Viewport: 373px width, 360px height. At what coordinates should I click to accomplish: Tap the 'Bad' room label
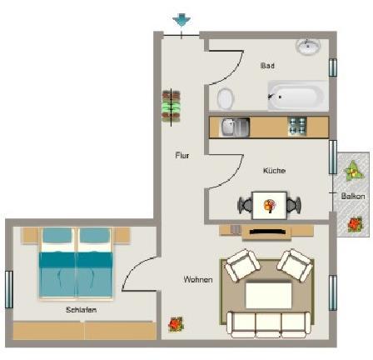point(267,65)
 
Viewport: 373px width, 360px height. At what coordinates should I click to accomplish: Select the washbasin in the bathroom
point(309,46)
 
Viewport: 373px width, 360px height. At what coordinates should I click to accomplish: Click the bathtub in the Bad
point(296,96)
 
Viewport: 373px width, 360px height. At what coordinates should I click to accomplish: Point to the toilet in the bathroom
point(226,98)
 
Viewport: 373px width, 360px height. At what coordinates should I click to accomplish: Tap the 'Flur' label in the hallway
point(182,155)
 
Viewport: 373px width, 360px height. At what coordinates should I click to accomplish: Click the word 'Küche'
point(274,170)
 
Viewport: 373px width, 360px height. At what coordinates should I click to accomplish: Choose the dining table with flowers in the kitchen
point(269,203)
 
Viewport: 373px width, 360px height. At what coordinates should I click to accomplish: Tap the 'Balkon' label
point(353,197)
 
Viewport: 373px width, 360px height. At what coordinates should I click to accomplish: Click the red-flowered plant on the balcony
point(356,223)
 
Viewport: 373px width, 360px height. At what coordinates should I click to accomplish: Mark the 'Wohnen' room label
point(198,279)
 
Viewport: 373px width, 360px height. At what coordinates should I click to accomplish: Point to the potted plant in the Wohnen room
point(176,322)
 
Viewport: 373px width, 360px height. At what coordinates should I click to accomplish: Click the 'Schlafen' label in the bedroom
point(81,309)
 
